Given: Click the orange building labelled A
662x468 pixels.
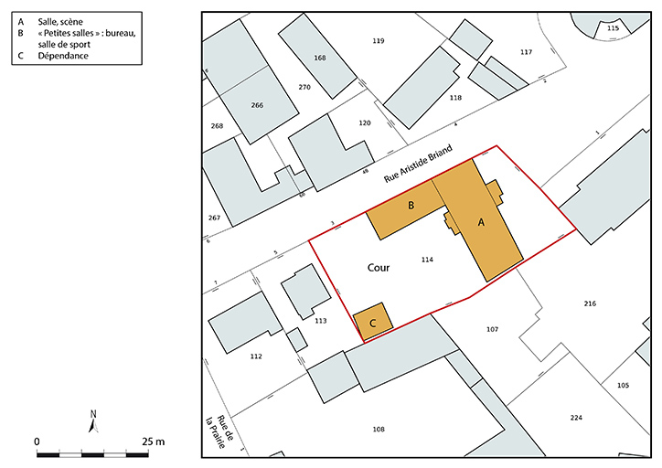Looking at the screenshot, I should point(481,221).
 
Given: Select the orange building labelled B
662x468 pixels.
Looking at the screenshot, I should point(411,207).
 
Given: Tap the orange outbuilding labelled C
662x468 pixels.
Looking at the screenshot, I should point(373,322).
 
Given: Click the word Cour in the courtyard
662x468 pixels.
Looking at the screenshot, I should point(379,269).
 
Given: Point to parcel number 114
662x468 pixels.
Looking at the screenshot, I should point(426,261).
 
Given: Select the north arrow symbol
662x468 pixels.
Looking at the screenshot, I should point(93,420).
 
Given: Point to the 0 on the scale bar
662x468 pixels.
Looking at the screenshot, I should point(37,441).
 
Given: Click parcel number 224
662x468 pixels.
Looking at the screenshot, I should point(575,417).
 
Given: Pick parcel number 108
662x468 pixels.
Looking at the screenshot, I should point(378,428).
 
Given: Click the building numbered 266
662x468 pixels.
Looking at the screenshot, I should point(257,105).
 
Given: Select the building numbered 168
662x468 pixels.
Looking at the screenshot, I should point(319,58).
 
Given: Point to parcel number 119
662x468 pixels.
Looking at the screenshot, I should point(379,41).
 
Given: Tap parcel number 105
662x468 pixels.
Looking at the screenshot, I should point(623,385).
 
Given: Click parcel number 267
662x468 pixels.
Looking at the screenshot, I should point(214,218).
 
